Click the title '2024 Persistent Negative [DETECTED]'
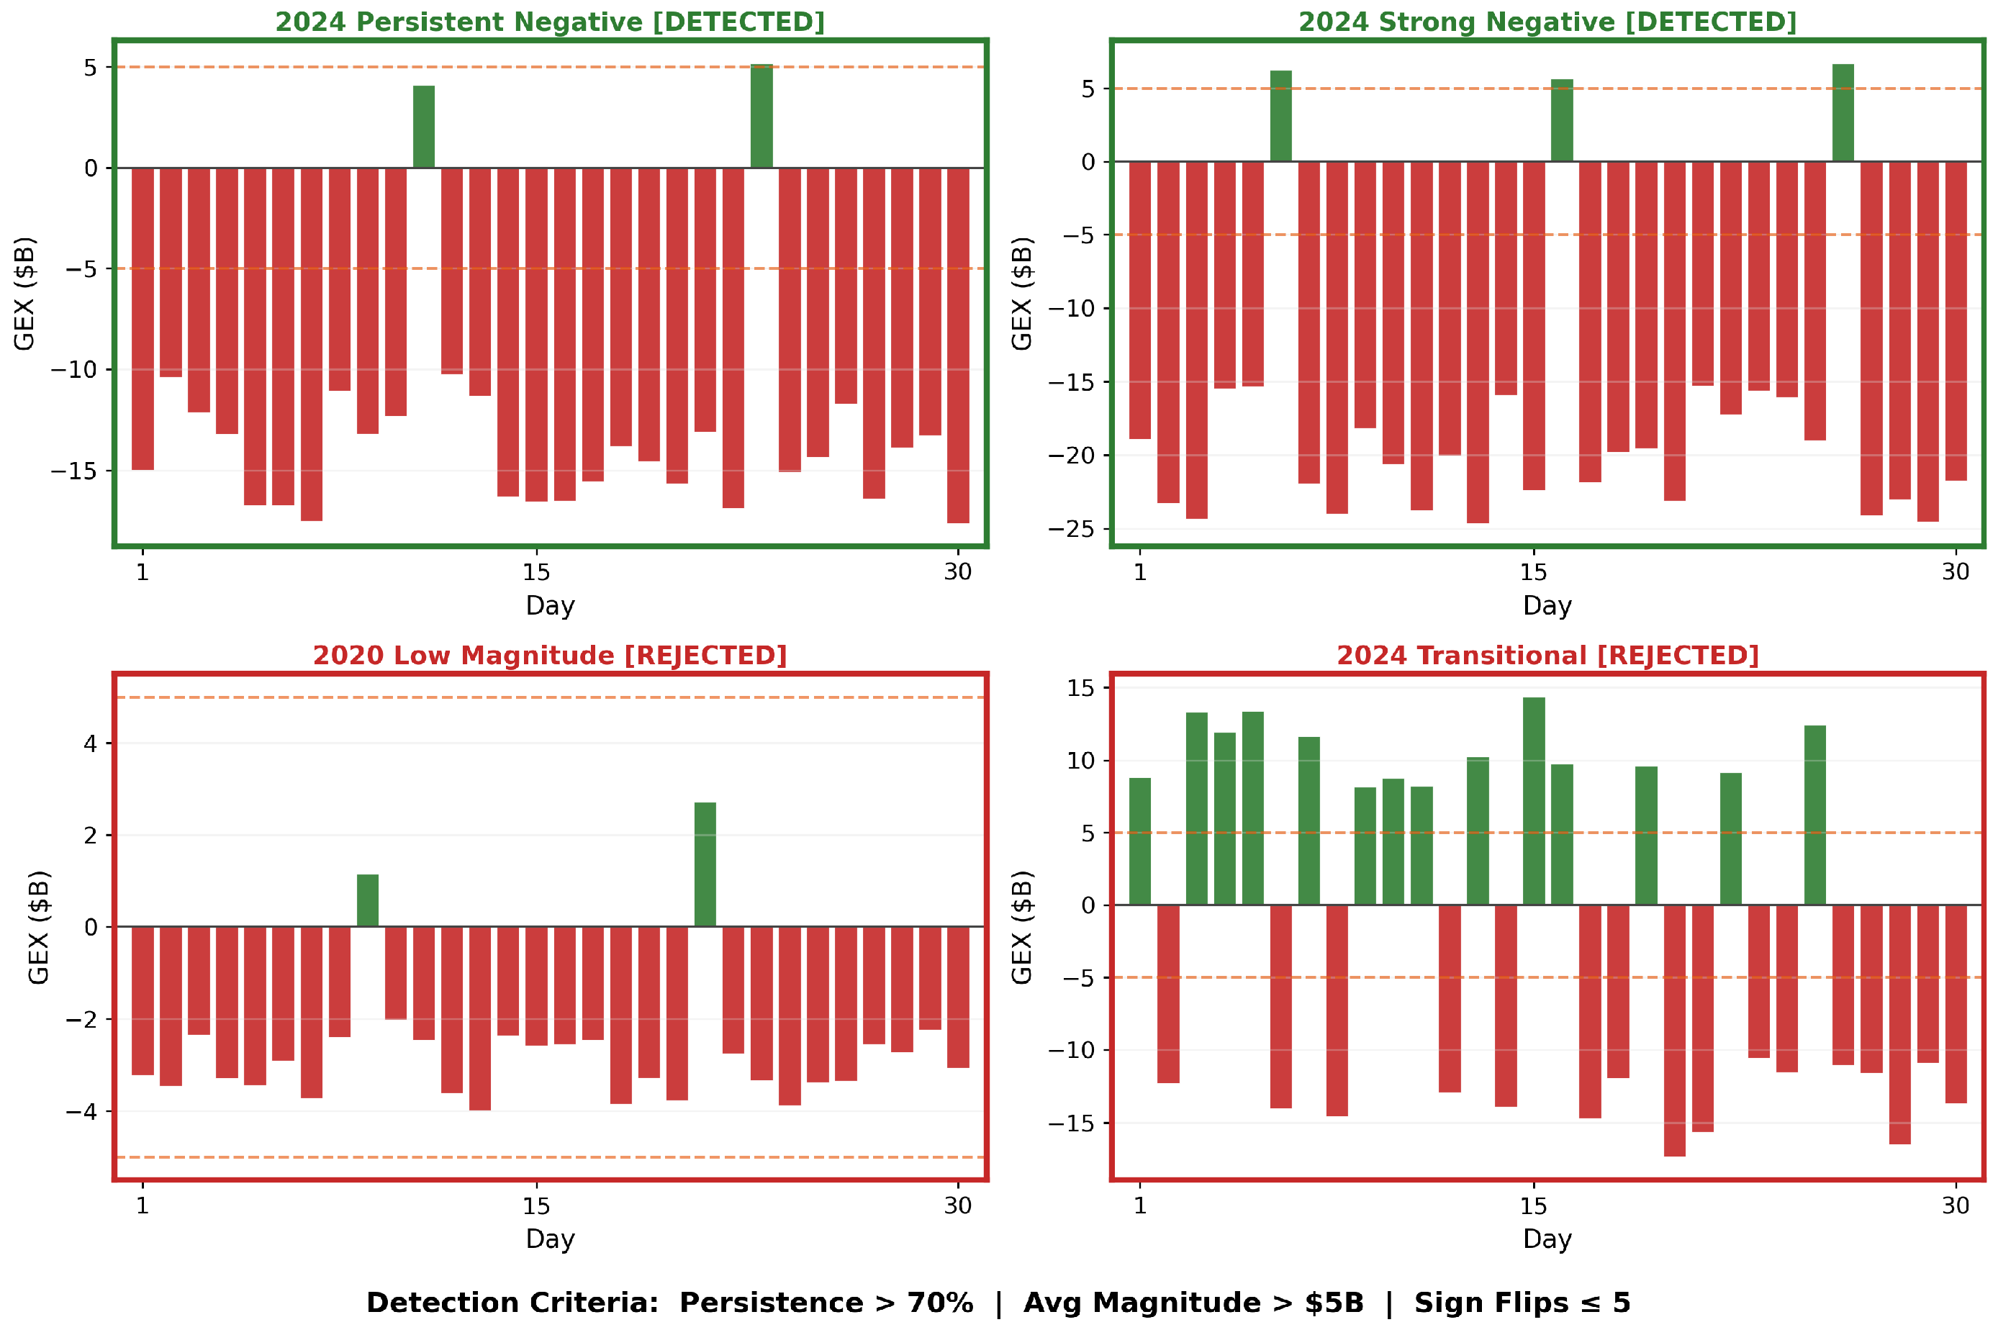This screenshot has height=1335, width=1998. click(x=550, y=22)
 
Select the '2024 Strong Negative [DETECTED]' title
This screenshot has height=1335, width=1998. click(x=1547, y=22)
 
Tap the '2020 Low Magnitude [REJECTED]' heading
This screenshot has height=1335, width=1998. click(x=550, y=656)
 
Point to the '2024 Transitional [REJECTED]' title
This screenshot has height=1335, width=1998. click(x=1547, y=656)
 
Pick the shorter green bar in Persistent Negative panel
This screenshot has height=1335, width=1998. click(x=424, y=127)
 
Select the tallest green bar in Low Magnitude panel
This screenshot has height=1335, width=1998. click(x=705, y=864)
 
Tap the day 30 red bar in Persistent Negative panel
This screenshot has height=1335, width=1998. click(x=959, y=345)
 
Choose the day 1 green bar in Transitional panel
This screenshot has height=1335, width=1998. click(x=1140, y=841)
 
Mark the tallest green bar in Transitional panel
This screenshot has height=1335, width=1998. click(x=1534, y=801)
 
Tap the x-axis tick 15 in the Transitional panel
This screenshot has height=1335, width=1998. click(x=1533, y=1205)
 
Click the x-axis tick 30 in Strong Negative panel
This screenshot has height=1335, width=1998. click(x=1956, y=572)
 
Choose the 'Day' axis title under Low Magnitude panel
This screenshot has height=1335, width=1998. click(x=550, y=1239)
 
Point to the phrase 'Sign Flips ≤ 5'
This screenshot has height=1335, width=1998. click(x=1522, y=1303)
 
